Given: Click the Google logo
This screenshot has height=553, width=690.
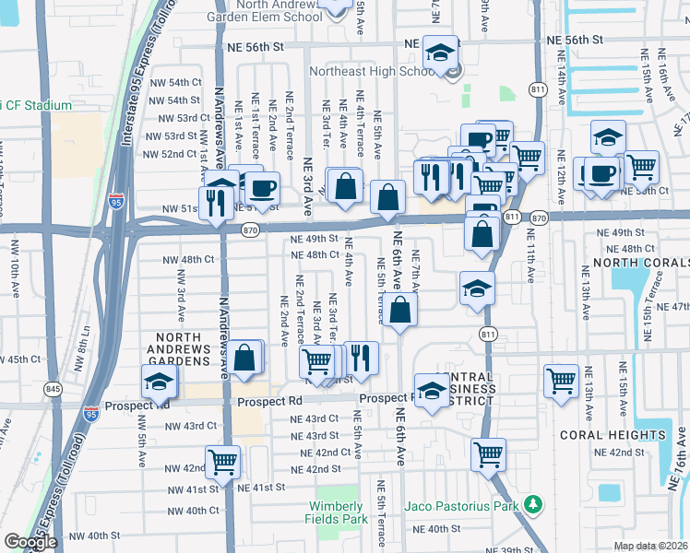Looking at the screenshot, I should (x=30, y=542).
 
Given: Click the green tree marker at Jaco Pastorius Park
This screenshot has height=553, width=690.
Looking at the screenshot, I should (x=531, y=504).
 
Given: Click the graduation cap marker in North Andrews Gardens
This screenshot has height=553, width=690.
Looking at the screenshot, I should (x=159, y=381).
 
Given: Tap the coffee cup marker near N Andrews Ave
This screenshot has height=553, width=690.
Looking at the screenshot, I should (x=263, y=188).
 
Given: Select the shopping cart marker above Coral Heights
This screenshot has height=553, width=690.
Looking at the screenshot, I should (x=561, y=379).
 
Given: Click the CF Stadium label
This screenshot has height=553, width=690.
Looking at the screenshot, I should (x=37, y=105).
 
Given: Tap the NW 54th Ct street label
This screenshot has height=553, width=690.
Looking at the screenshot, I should (x=179, y=82).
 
